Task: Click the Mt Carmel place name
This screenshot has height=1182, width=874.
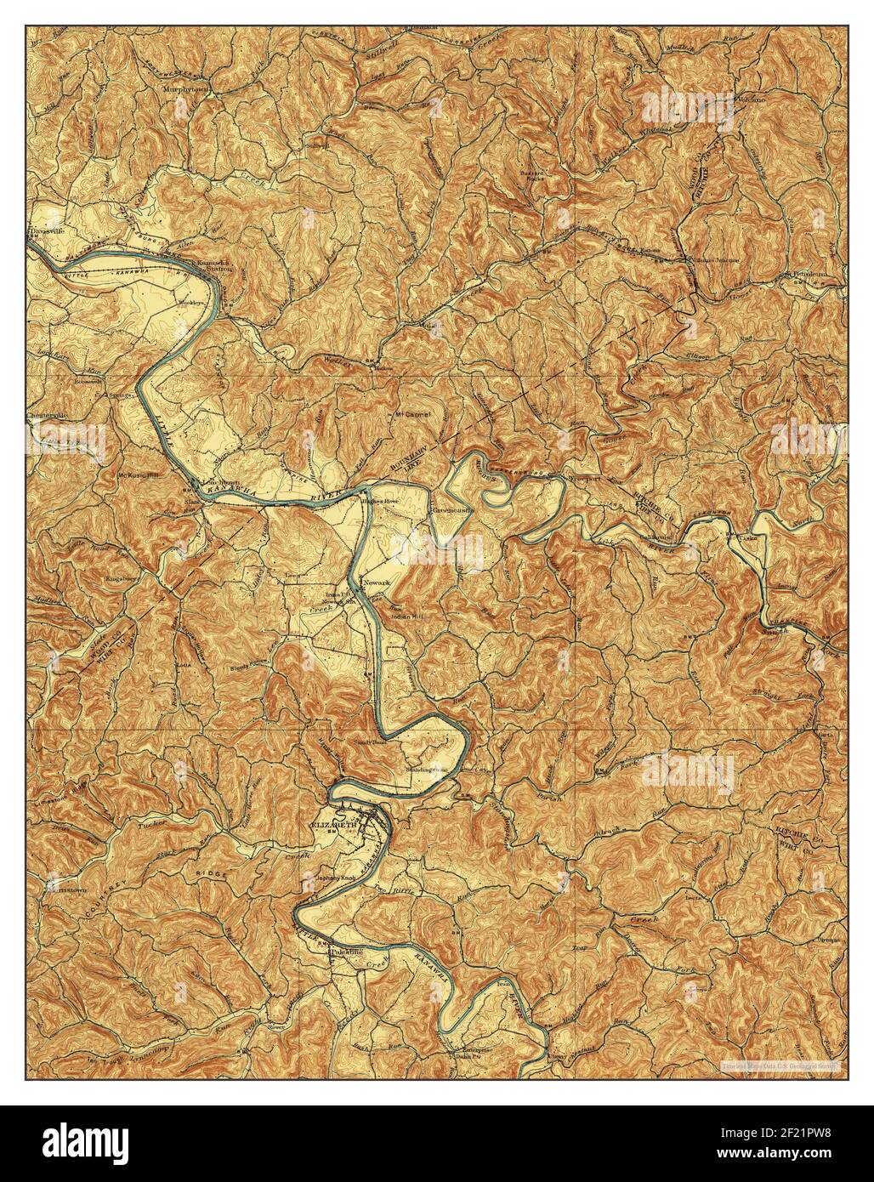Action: pos(412,416)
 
